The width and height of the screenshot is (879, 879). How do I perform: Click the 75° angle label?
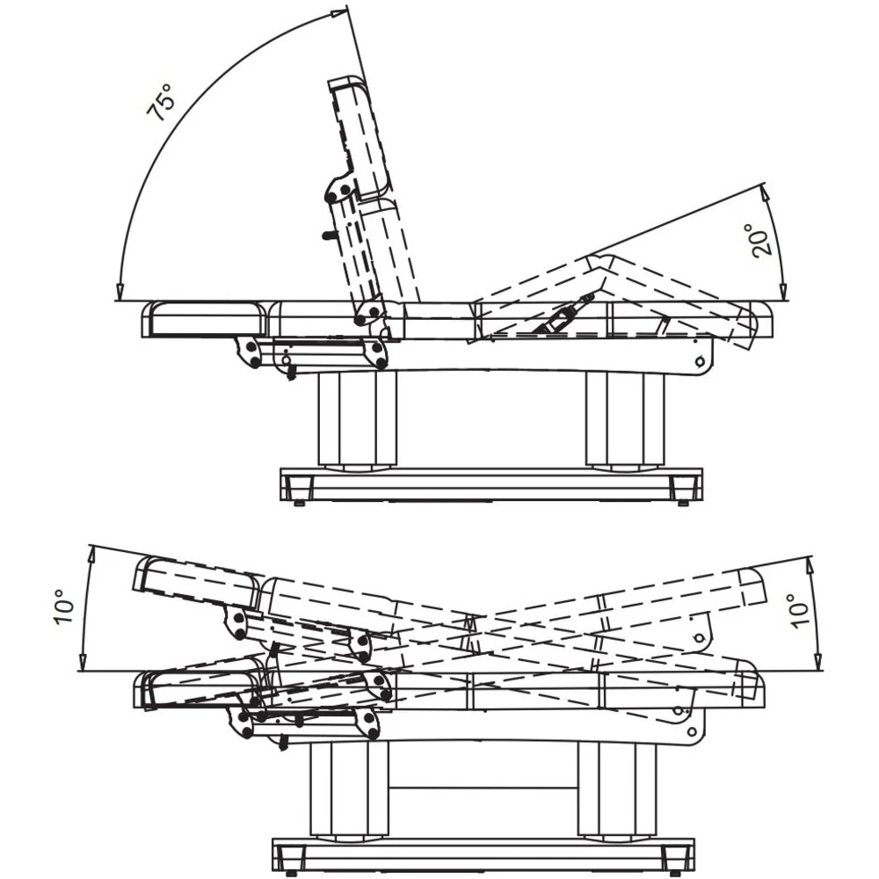(162, 102)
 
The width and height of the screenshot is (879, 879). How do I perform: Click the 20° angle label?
(759, 240)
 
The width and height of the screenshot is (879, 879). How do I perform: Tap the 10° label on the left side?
(64, 607)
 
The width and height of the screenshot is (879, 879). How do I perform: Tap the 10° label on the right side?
(798, 611)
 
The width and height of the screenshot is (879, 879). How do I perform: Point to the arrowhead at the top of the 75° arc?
(339, 14)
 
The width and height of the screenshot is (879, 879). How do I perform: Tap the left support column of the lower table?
(349, 790)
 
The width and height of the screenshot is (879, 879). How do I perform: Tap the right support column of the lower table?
(617, 790)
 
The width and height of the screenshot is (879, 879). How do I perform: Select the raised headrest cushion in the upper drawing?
(360, 138)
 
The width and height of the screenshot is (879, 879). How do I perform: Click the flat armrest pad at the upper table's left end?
(205, 319)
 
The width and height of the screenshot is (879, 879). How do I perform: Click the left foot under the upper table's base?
(300, 503)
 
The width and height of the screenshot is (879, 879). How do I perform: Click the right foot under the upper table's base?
(683, 503)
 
